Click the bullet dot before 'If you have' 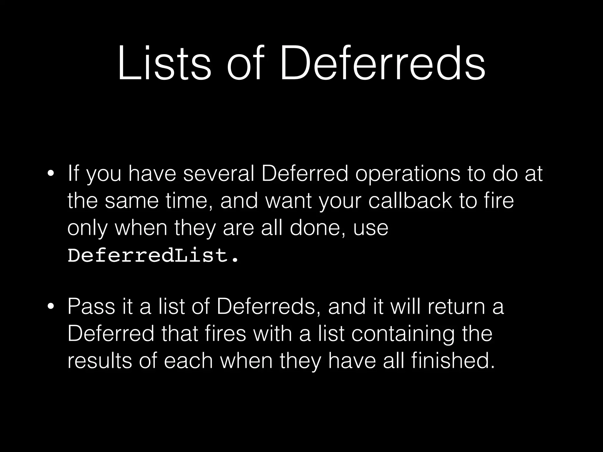click(x=51, y=174)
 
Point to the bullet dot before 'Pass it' click(x=51, y=307)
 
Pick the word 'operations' click(x=407, y=174)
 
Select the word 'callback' click(x=410, y=201)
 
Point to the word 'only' click(x=87, y=228)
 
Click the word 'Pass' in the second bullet click(x=91, y=307)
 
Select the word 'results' click(x=100, y=361)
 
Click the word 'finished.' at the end click(x=453, y=361)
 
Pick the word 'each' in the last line click(x=188, y=361)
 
